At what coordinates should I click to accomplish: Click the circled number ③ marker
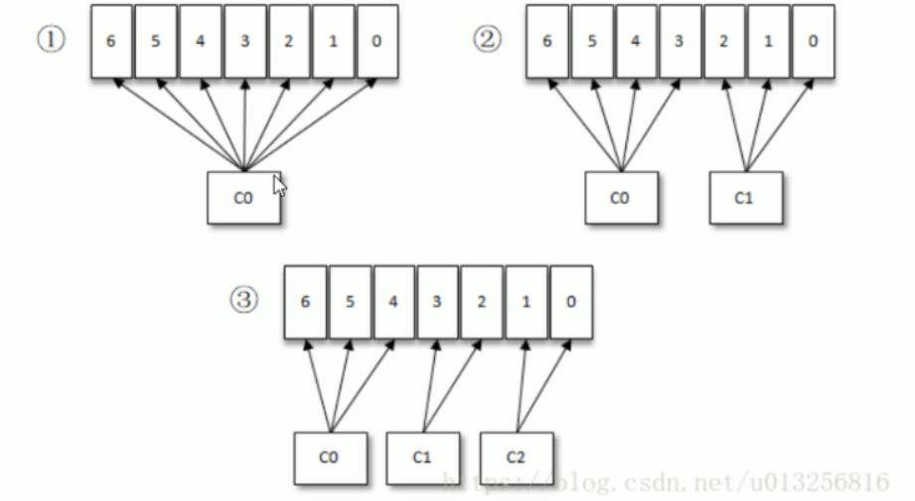point(243,300)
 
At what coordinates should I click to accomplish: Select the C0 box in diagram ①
point(244,197)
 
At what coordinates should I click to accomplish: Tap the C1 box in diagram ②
point(745,197)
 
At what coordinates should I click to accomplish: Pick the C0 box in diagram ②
point(620,197)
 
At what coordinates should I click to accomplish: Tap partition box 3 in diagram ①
point(244,43)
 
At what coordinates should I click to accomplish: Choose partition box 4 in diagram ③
point(393,302)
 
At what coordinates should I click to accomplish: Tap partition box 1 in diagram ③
point(526,302)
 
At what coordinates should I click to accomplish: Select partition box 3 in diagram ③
point(438,302)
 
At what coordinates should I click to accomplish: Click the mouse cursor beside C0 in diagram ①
point(278,185)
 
